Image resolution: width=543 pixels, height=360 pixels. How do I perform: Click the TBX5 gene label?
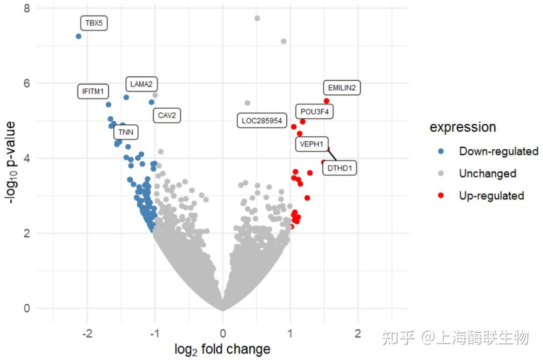[x=94, y=23]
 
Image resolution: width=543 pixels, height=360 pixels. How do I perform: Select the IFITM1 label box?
[x=93, y=92]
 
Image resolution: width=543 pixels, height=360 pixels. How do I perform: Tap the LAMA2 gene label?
[x=141, y=84]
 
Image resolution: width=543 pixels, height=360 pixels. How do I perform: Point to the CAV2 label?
[x=167, y=116]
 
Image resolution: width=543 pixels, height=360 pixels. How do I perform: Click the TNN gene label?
[x=126, y=132]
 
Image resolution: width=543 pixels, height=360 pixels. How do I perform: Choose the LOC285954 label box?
[x=261, y=121]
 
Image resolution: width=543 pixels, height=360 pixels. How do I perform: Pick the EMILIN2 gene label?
[x=342, y=88]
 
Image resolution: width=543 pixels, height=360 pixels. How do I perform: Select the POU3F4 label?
[x=314, y=112]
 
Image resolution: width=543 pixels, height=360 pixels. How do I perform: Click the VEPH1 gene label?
[x=312, y=144]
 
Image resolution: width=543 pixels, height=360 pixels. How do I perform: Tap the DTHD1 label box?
[x=339, y=168]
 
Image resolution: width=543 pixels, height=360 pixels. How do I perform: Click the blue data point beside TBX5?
[x=78, y=36]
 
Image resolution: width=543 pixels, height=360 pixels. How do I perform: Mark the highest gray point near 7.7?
[x=257, y=18]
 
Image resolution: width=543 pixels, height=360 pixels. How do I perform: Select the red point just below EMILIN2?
[x=326, y=101]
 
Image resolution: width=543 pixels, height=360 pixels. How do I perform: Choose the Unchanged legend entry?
[x=487, y=173]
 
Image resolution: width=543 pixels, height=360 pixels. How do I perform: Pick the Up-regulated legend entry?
[x=491, y=196]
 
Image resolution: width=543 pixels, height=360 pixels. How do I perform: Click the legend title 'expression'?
[x=463, y=127]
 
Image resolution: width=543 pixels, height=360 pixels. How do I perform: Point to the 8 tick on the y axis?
[x=27, y=9]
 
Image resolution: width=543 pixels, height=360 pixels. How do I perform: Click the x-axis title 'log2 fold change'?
[x=222, y=349]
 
